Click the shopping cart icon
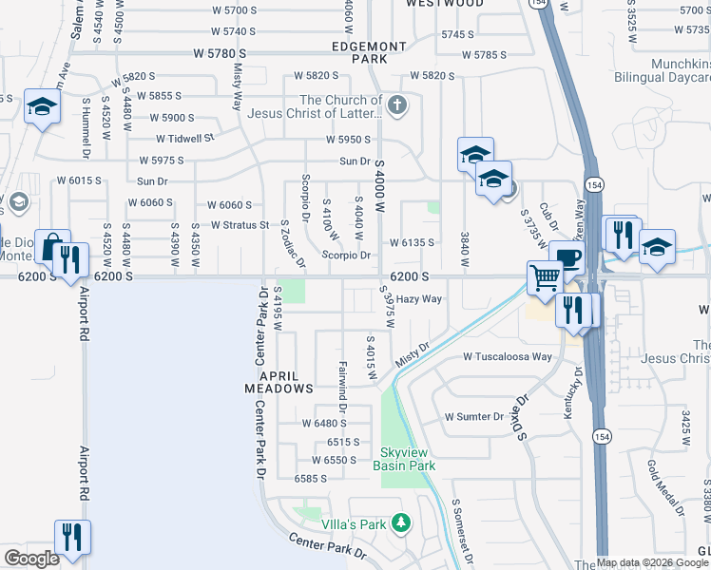point(546,277)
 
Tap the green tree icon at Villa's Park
point(401,523)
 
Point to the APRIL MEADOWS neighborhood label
point(279,382)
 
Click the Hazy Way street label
point(419,299)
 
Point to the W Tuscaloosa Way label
point(508,357)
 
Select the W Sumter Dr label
point(474,417)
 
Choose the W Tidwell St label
point(185,138)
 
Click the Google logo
point(30,559)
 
